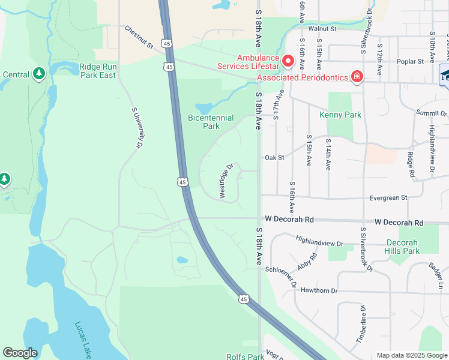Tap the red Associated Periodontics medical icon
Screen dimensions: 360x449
click(x=357, y=77)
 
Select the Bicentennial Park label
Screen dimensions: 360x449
click(x=211, y=122)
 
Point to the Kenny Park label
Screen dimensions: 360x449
click(x=340, y=115)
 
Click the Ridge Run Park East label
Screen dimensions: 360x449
click(x=98, y=71)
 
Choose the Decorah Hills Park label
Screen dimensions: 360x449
click(x=402, y=247)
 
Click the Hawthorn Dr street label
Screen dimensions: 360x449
click(x=316, y=290)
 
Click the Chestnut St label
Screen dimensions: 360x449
click(x=139, y=37)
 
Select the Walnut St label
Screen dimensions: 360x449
click(x=322, y=28)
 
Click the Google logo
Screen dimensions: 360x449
click(x=20, y=353)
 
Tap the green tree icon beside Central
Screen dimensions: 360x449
click(x=39, y=73)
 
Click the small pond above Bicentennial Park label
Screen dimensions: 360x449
click(x=203, y=109)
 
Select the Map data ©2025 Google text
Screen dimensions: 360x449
click(x=412, y=355)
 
